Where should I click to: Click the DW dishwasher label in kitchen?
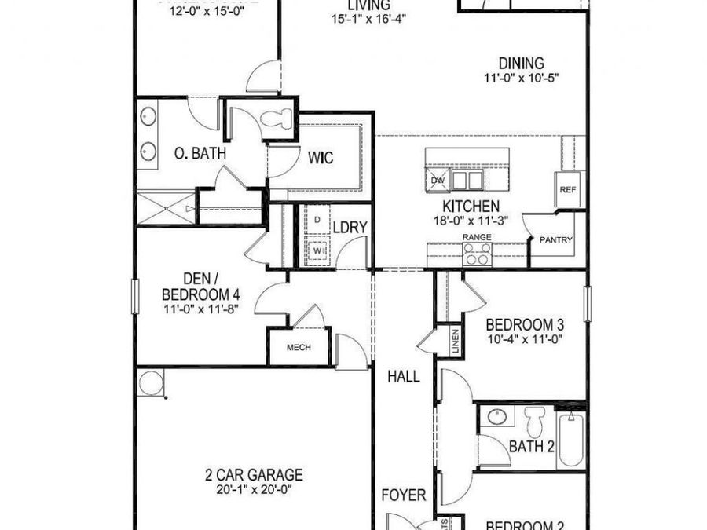pos(438,181)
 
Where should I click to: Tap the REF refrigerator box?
pos(567,189)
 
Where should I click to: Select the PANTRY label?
pos(556,240)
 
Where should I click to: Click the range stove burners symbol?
pos(477,253)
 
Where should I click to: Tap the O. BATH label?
pos(200,153)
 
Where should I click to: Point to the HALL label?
pos(403,376)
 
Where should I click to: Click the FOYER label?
pos(404,495)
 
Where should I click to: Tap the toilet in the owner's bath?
pos(276,120)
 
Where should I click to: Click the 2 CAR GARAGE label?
pos(255,474)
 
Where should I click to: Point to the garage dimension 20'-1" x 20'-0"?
pos(255,491)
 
